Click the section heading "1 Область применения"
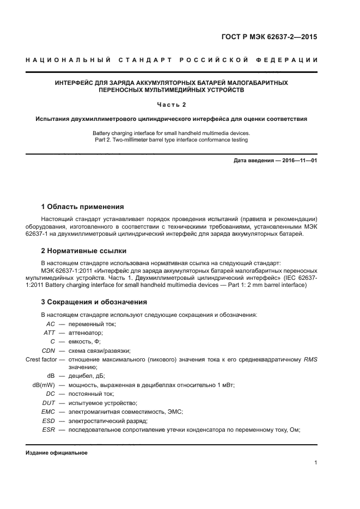tap(82, 207)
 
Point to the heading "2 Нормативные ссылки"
tap(84, 251)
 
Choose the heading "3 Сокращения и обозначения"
tap(94, 302)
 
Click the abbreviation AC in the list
tap(50, 324)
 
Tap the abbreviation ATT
tap(49, 333)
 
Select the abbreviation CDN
tap(48, 350)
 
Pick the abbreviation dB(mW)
tap(44, 385)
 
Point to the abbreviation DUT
tap(48, 402)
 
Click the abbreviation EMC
tap(48, 411)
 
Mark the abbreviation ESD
tap(48, 420)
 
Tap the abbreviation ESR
tap(48, 429)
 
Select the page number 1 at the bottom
tap(315, 463)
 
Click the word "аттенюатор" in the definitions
tap(86, 333)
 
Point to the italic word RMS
tap(310, 359)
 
